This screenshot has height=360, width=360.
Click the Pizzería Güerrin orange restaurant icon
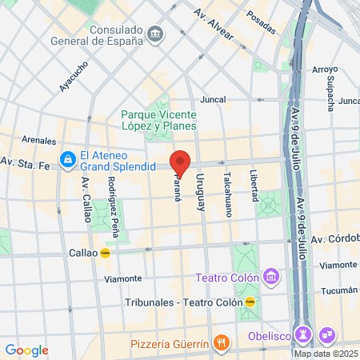pyautogui.click(x=222, y=343)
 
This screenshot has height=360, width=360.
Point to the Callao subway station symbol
pyautogui.click(x=105, y=252)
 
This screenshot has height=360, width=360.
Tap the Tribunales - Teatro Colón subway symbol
pyautogui.click(x=250, y=302)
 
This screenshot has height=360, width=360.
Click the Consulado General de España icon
pyautogui.click(x=154, y=34)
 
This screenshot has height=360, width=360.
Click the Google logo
pyautogui.click(x=26, y=350)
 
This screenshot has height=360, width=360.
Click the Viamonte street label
pyautogui.click(x=124, y=278)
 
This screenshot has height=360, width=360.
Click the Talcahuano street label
pyautogui.click(x=227, y=189)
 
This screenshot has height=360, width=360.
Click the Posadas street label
pyautogui.click(x=261, y=16)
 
